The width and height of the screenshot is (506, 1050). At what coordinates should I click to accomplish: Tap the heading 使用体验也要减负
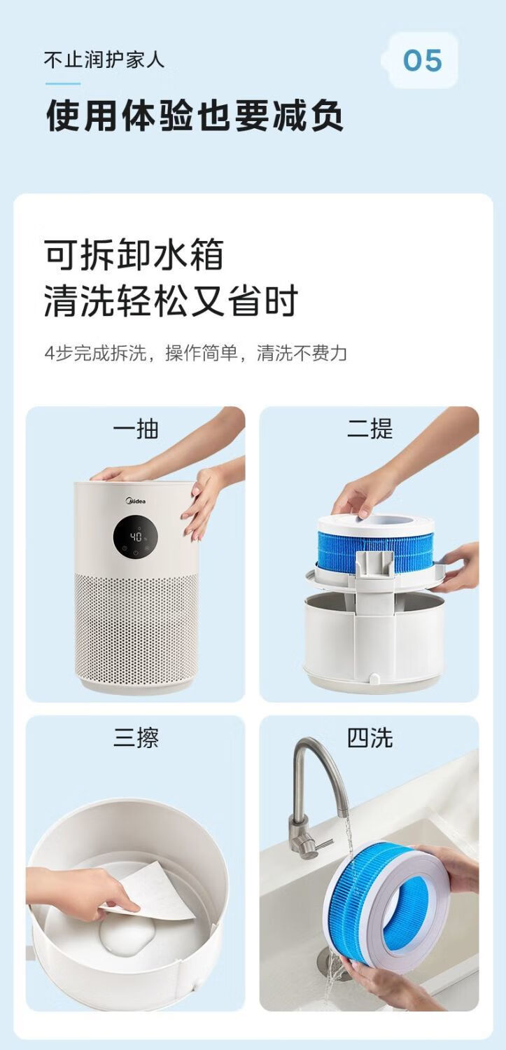[x=195, y=116]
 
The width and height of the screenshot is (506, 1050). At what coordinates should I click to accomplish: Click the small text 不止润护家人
[x=104, y=60]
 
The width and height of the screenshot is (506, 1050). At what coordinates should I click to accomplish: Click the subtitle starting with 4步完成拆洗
[x=196, y=353]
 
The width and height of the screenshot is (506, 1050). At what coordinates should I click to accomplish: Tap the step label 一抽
[x=135, y=429]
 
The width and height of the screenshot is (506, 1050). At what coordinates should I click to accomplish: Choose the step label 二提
[x=370, y=429]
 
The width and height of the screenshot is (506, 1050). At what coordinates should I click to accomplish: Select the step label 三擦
[x=136, y=738]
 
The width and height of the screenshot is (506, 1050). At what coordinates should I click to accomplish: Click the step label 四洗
[x=370, y=738]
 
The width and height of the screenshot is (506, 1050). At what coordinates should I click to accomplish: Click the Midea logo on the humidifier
[x=135, y=501]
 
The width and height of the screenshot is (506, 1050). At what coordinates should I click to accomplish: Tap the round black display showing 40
[x=135, y=537]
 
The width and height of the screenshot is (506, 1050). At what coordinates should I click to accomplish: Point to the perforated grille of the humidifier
[x=136, y=626]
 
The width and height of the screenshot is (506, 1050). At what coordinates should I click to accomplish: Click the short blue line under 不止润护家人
[x=63, y=83]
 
